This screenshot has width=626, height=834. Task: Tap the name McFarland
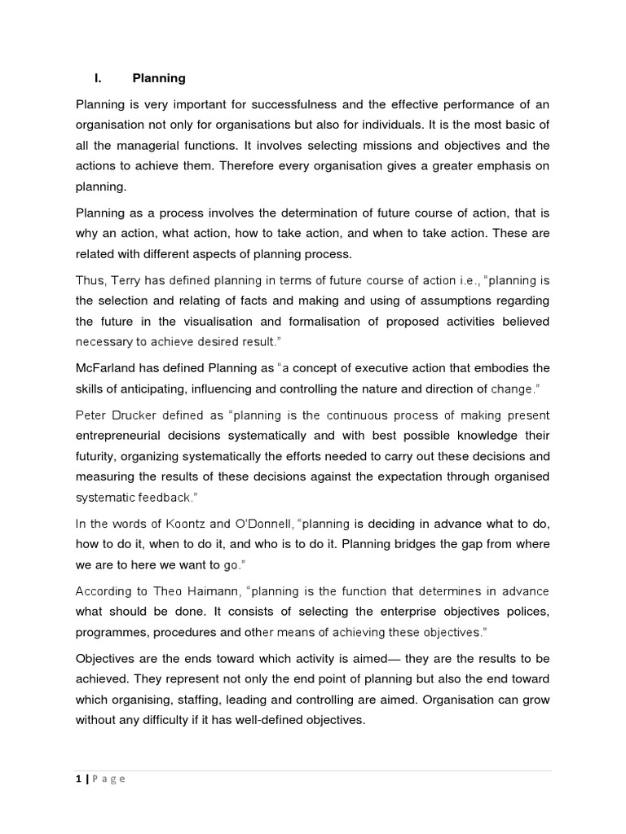(108, 367)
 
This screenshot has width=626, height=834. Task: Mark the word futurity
(99, 456)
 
